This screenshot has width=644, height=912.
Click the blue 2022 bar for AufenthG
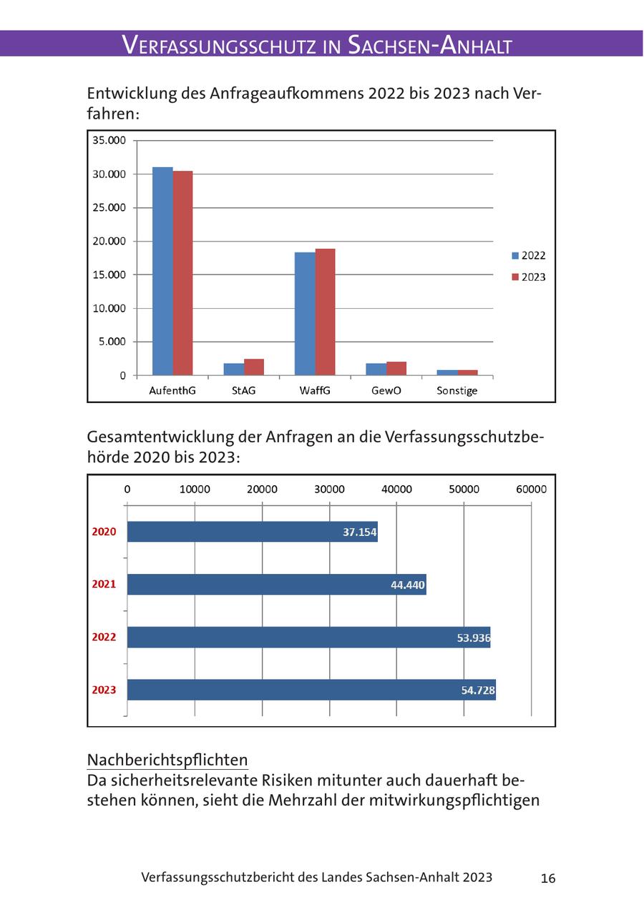tap(162, 272)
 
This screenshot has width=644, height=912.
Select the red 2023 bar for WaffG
tap(325, 312)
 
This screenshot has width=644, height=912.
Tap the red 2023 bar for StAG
tap(254, 367)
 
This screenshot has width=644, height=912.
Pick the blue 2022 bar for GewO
tap(376, 370)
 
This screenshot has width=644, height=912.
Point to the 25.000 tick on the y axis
tap(109, 207)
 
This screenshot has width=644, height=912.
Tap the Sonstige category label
tap(457, 391)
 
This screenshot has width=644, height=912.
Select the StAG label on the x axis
tap(243, 391)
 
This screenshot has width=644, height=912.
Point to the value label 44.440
tap(408, 585)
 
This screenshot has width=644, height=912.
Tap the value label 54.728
tap(477, 690)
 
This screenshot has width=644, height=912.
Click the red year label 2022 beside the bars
tap(104, 637)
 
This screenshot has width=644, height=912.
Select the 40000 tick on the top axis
tap(396, 490)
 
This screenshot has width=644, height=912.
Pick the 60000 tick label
tap(531, 490)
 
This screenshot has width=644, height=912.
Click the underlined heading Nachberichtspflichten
tap(167, 759)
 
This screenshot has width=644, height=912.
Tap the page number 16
tap(548, 878)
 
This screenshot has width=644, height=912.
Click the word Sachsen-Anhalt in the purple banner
tap(430, 45)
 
